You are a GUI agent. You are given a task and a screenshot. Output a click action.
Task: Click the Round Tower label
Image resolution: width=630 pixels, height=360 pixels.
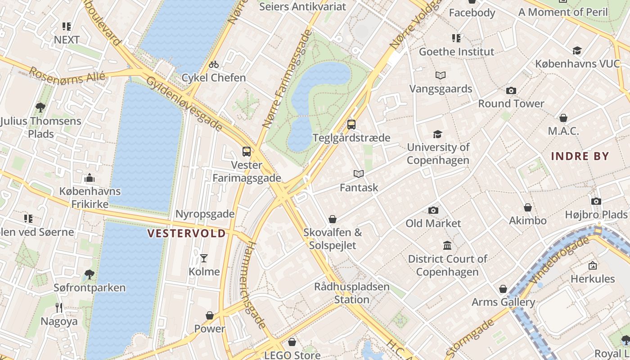pos(511,103)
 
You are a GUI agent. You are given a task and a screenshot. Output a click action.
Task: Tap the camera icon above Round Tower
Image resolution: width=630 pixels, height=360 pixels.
pos(511,91)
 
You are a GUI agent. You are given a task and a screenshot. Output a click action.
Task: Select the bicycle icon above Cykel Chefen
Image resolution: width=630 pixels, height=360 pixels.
pos(214,64)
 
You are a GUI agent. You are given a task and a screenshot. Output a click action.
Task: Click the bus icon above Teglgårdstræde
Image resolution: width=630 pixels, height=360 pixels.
pos(351,125)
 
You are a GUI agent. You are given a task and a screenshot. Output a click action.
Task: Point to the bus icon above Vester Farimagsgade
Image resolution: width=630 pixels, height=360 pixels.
pos(246,152)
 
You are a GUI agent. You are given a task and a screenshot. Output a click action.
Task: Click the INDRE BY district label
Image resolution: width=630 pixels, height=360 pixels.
pos(580,157)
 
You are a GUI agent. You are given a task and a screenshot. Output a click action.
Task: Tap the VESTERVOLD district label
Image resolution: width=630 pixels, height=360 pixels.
pos(187,233)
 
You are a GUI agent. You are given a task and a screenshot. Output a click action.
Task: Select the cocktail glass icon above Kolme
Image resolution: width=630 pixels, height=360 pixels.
pos(204,258)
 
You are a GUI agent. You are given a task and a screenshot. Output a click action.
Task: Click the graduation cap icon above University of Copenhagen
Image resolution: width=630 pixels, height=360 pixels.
pos(437,134)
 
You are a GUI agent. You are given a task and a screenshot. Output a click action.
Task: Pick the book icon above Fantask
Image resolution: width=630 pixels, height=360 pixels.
pos(359,174)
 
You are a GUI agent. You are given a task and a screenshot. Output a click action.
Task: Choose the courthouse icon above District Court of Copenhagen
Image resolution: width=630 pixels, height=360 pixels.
pos(447,246)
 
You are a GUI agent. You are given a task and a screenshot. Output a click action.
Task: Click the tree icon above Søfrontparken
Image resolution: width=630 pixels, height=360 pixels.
pos(90,274)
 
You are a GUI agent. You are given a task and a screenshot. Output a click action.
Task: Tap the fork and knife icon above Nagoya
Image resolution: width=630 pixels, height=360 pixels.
pos(59,308)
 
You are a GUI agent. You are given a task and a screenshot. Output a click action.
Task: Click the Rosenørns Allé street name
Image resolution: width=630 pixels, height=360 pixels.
pos(67,75)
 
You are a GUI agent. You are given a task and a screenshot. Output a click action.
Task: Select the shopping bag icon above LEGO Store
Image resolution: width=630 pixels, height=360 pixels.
pos(292,342)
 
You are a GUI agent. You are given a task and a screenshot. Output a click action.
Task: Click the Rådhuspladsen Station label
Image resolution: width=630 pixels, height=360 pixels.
pos(351,293)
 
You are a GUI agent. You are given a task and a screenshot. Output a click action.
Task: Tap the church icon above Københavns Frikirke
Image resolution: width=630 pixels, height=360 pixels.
pos(90,178)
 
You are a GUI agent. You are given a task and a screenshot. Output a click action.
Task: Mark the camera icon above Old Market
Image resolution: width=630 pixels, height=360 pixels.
pos(433,210)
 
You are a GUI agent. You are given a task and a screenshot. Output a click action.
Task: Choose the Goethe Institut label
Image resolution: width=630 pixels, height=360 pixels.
pos(456,52)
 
